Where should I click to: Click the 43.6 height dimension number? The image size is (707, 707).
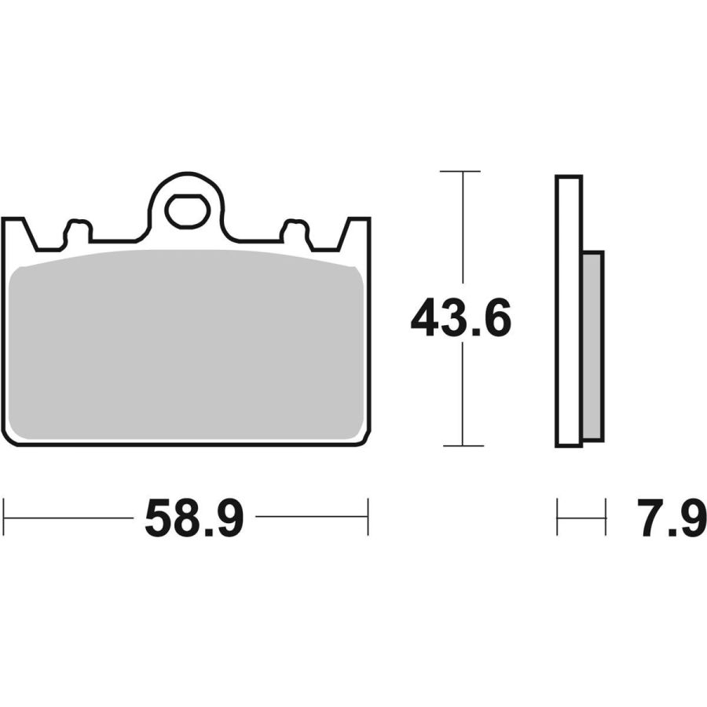(x=461, y=317)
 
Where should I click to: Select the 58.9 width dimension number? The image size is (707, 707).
(x=194, y=517)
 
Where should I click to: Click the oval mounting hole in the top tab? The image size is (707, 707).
(x=188, y=211)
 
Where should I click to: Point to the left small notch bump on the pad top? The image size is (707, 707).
(x=79, y=230)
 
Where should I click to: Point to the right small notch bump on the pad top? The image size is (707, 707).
(x=295, y=230)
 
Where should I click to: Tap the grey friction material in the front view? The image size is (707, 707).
(x=185, y=345)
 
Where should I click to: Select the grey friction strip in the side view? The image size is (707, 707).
(x=592, y=346)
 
